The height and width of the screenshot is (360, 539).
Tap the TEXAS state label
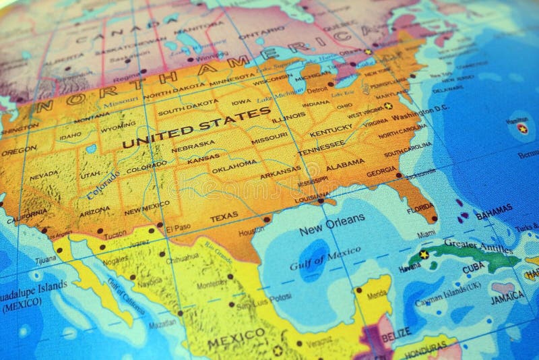click(x=224, y=218)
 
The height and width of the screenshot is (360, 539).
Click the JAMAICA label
click(x=508, y=296)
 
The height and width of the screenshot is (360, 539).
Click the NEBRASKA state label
click(x=193, y=144)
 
